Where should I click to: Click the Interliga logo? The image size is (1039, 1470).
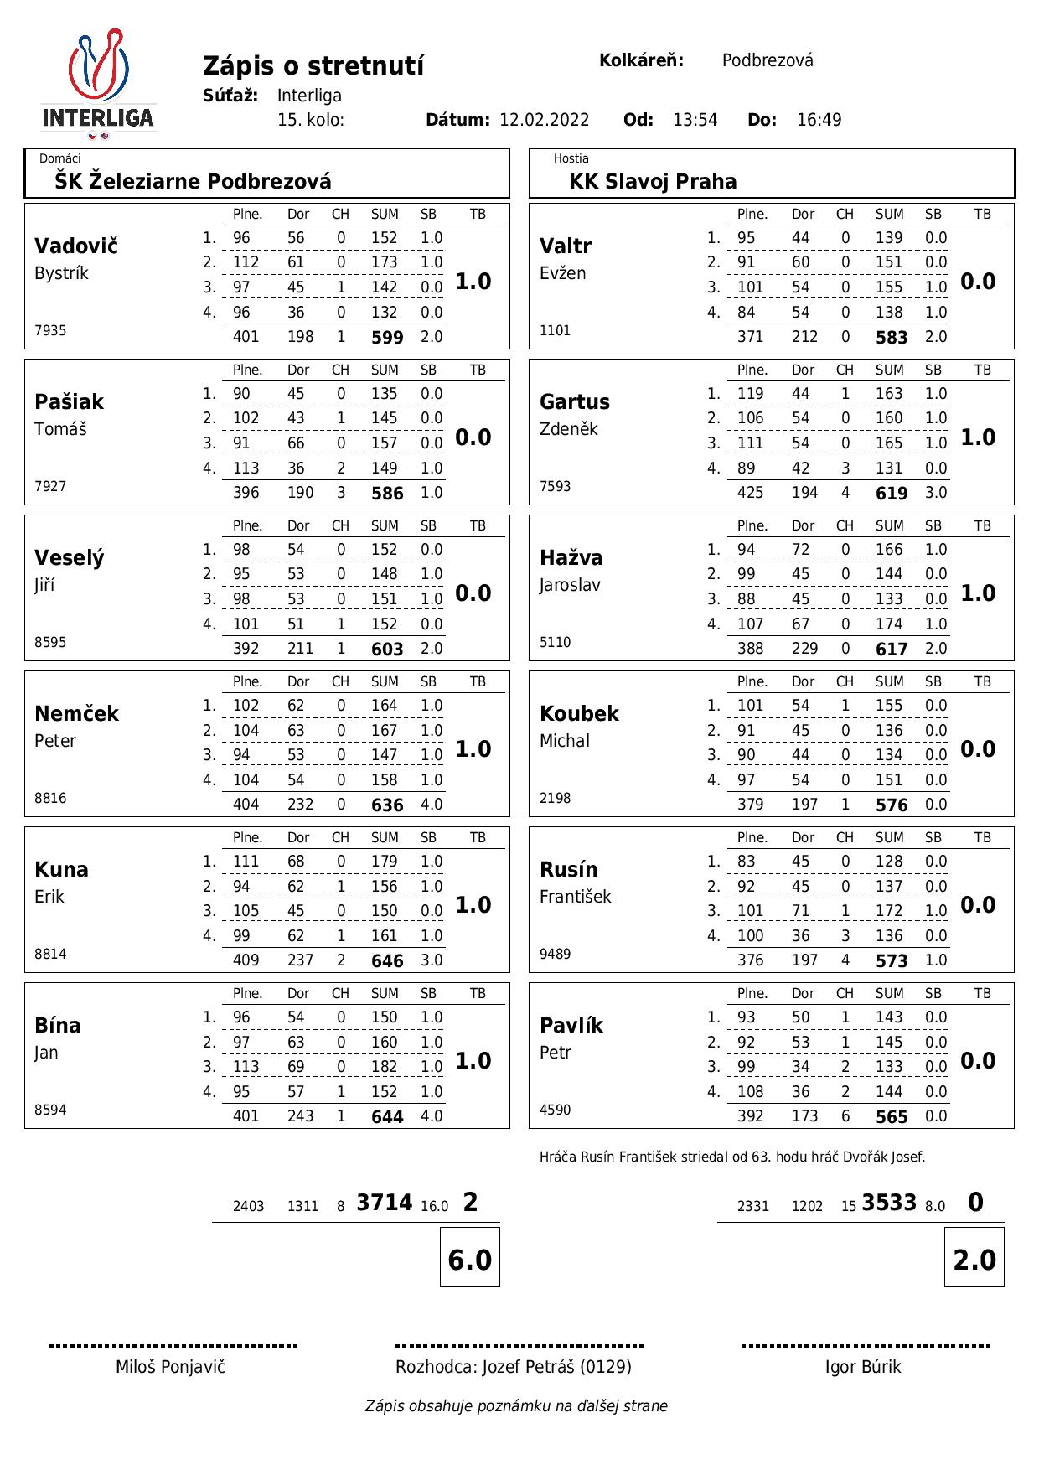[98, 85]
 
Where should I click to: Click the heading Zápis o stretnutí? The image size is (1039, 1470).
[313, 65]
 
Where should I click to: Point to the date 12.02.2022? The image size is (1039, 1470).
[544, 120]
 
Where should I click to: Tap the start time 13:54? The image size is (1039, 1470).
[695, 120]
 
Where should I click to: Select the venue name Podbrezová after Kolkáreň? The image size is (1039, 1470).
[768, 60]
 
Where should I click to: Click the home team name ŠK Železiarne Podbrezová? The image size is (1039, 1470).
[193, 181]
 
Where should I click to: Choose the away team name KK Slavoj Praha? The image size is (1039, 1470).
[653, 181]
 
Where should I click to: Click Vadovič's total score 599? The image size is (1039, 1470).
[387, 338]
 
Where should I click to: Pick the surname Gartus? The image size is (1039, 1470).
[575, 402]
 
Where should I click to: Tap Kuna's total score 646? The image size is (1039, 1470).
[387, 961]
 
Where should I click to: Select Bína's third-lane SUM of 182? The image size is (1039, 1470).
[385, 1067]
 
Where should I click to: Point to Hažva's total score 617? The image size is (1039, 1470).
[892, 650]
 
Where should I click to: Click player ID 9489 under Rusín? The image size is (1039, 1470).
[555, 954]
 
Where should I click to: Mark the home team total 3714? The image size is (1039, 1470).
[384, 1203]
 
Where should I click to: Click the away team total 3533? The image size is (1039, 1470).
[889, 1203]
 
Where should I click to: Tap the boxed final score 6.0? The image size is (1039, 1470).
[470, 1260]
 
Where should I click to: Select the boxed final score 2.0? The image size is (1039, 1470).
[974, 1260]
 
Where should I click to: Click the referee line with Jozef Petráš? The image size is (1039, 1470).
[514, 1367]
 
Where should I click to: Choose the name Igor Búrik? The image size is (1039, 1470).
[863, 1367]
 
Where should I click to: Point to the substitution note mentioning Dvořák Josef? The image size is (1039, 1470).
[732, 1157]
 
